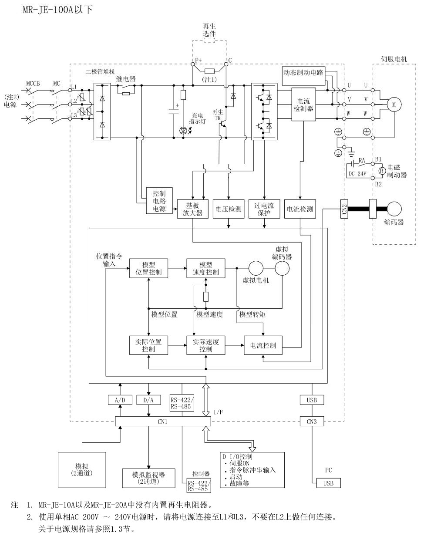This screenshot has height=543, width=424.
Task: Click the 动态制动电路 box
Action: click(x=303, y=73)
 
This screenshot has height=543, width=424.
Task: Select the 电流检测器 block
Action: click(x=303, y=105)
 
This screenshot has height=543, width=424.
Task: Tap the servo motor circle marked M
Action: click(x=394, y=105)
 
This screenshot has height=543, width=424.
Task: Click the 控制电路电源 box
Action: click(x=159, y=201)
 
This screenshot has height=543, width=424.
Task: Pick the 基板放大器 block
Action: click(x=192, y=209)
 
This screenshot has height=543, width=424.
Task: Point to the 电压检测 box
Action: click(x=228, y=209)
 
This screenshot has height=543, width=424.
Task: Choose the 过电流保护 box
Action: click(x=264, y=209)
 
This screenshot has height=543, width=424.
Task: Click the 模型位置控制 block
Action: click(x=148, y=269)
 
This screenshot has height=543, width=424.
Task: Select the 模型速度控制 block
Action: click(x=205, y=269)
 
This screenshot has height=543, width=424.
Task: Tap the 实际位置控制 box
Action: click(x=148, y=345)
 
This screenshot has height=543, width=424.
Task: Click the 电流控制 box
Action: click(x=262, y=345)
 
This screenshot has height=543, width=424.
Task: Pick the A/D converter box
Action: click(x=119, y=400)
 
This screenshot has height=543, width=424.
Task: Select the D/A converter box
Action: click(x=148, y=400)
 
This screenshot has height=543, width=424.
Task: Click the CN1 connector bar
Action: click(x=162, y=422)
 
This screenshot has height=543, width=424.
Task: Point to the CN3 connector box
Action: click(x=312, y=422)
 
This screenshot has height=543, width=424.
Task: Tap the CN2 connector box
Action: click(x=344, y=209)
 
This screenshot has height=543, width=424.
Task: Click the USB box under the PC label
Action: click(x=328, y=483)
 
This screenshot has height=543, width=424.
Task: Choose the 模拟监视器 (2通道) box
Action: click(x=148, y=478)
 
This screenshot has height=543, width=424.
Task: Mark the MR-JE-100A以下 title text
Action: click(x=58, y=10)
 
